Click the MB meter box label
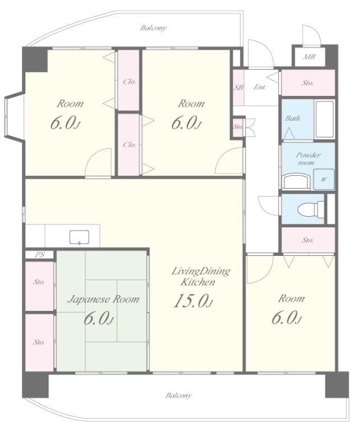(x=309, y=57)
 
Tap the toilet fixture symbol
(x=311, y=209)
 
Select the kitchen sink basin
(x=79, y=237)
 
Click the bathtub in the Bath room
(x=324, y=120)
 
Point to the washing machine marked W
(x=324, y=180)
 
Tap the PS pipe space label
(x=40, y=255)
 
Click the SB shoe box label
(x=238, y=88)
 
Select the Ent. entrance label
(x=260, y=87)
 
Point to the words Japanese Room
(x=103, y=299)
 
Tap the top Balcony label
(x=153, y=27)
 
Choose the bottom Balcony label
(x=178, y=395)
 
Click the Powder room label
(x=307, y=159)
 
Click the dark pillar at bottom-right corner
(x=337, y=384)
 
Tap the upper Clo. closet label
(x=130, y=81)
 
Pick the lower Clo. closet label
(x=130, y=145)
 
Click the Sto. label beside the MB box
(x=307, y=82)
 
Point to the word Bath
(x=293, y=118)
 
